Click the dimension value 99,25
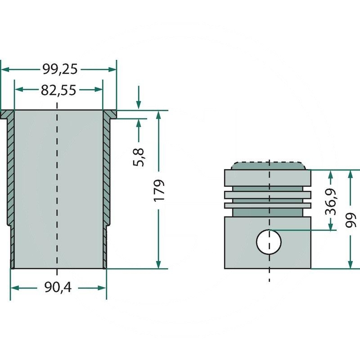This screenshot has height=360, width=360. pyautogui.click(x=60, y=69)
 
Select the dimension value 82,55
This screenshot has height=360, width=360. pyautogui.click(x=58, y=90)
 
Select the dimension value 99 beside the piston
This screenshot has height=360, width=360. pyautogui.click(x=351, y=220)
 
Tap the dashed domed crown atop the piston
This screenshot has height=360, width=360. pyautogui.click(x=269, y=165)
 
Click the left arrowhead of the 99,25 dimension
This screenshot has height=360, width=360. pyautogui.click(x=5, y=69)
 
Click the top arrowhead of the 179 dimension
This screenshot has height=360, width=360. pyautogui.click(x=158, y=116)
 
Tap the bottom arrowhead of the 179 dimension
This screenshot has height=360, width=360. pyautogui.click(x=158, y=264)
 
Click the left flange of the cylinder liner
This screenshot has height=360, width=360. pyautogui.click(x=7, y=114)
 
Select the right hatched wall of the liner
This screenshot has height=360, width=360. pyautogui.click(x=106, y=171)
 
